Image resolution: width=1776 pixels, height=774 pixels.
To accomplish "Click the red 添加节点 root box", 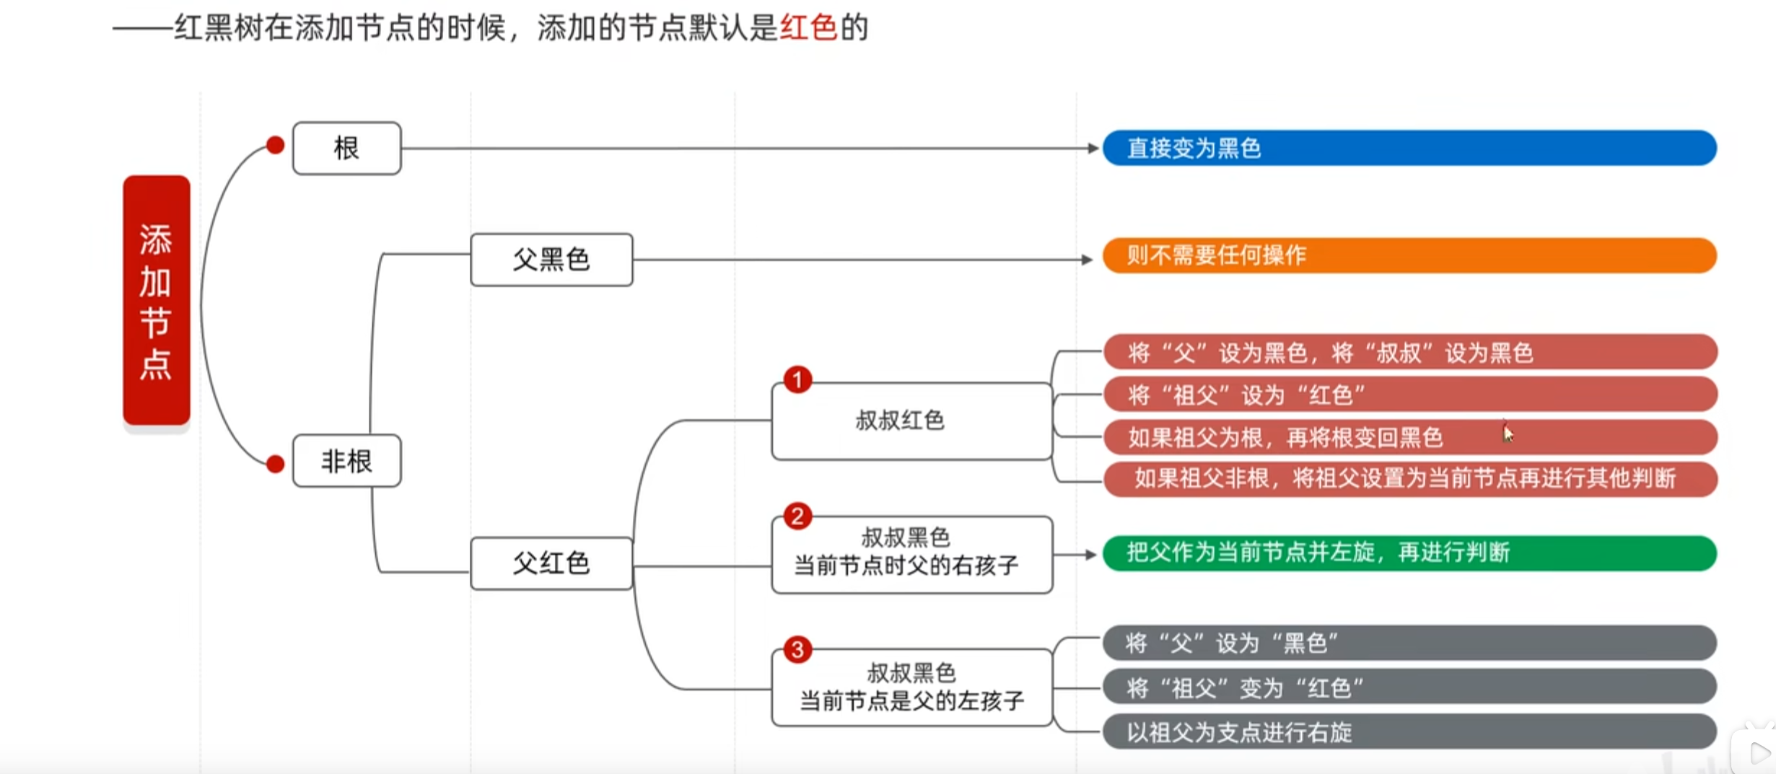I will click(x=157, y=299).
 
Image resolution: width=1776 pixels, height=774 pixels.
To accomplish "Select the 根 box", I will click(x=346, y=149).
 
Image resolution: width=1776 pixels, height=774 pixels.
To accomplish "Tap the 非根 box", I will click(x=346, y=461).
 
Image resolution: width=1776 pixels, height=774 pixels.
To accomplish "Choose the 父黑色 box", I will click(x=551, y=260).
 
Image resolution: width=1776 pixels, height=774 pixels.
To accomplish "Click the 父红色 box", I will click(x=551, y=563).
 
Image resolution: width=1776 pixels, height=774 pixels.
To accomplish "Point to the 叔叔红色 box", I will click(x=911, y=421).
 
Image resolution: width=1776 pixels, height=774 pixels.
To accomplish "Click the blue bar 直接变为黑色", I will click(x=1409, y=149).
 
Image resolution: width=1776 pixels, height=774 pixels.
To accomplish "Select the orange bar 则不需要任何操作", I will click(x=1409, y=255).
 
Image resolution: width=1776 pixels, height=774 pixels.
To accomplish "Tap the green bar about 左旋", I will click(x=1409, y=553).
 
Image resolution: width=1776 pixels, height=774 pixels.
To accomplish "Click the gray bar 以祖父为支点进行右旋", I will click(x=1409, y=732).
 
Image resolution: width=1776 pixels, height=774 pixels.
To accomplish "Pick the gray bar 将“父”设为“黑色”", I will click(x=1409, y=643).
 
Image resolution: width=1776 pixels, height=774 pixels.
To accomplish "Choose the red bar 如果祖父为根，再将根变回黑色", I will click(x=1409, y=437).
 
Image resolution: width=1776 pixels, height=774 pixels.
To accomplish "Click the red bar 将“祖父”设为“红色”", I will click(x=1409, y=395).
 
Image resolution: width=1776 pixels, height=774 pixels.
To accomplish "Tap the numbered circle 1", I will click(x=797, y=379).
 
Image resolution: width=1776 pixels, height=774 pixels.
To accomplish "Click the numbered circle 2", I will click(x=797, y=516).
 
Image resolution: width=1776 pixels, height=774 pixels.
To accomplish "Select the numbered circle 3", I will click(x=797, y=649).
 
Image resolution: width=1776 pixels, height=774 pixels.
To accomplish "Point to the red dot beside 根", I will click(x=275, y=145).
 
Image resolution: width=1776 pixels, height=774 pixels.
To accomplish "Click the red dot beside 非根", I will click(x=275, y=464).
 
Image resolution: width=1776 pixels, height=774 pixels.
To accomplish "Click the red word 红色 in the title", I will click(x=808, y=28).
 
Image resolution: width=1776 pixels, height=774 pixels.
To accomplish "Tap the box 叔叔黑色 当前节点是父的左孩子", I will click(x=911, y=687).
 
